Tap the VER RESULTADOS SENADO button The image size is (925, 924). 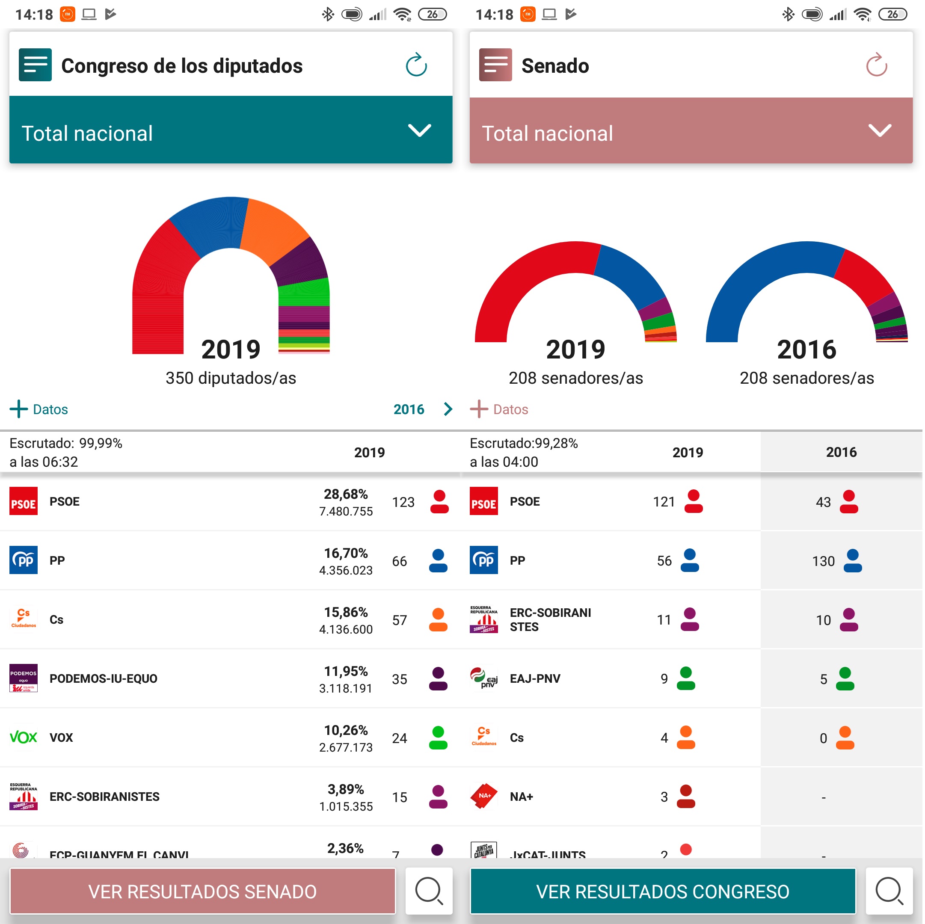pyautogui.click(x=202, y=891)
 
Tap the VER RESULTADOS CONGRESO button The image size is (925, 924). pyautogui.click(x=663, y=891)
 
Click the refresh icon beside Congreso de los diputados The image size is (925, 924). pyautogui.click(x=416, y=65)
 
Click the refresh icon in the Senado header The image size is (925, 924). pyautogui.click(x=876, y=65)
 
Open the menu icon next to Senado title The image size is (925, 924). pyautogui.click(x=495, y=65)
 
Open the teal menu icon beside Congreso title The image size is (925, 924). pyautogui.click(x=36, y=65)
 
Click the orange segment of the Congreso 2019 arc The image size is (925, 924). pyautogui.click(x=273, y=230)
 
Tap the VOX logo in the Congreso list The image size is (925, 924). pyautogui.click(x=24, y=737)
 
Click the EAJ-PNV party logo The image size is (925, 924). pyautogui.click(x=483, y=678)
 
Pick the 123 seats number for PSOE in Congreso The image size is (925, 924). pyautogui.click(x=403, y=502)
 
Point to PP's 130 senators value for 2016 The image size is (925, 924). pyautogui.click(x=823, y=561)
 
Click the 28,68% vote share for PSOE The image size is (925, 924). pyautogui.click(x=346, y=494)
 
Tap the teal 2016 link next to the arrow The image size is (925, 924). pyautogui.click(x=409, y=409)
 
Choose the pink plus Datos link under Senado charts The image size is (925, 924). pyautogui.click(x=500, y=409)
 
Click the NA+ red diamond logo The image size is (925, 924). pyautogui.click(x=483, y=796)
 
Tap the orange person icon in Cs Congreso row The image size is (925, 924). pyautogui.click(x=438, y=620)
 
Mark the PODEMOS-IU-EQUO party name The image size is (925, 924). pyautogui.click(x=104, y=678)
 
